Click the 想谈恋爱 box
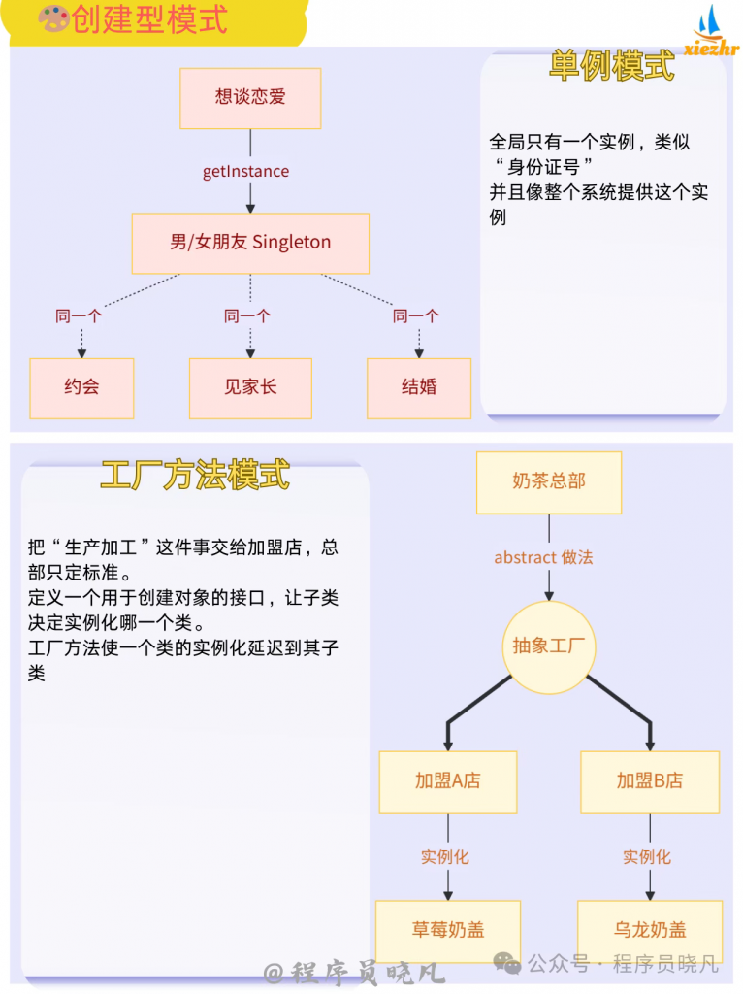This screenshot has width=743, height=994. [250, 98]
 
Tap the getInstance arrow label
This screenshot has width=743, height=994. [245, 172]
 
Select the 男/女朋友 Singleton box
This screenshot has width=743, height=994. [250, 243]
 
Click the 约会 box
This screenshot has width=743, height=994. [81, 387]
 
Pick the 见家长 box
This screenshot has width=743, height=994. [250, 387]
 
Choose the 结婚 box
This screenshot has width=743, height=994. [419, 387]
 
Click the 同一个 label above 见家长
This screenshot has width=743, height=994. [247, 315]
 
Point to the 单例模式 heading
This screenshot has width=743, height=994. [612, 65]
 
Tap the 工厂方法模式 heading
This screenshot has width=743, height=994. [195, 476]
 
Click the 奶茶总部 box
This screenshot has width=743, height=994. [549, 481]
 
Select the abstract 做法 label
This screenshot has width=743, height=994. [543, 557]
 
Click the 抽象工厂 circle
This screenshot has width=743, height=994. [549, 646]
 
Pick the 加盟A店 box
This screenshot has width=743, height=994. [447, 781]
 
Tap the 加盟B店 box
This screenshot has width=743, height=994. [650, 781]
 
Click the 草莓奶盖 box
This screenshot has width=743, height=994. [447, 930]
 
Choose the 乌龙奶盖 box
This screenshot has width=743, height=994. [650, 930]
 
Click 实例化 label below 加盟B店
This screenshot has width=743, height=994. [647, 857]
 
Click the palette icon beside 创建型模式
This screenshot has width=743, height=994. [53, 19]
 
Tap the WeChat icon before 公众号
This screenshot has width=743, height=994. [507, 963]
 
